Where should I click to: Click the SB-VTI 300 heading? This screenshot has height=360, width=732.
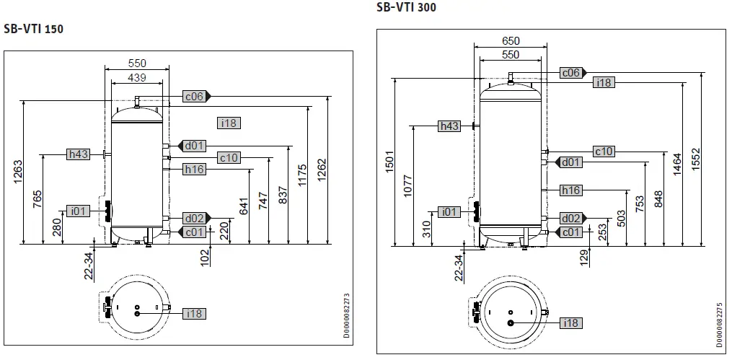pyautogui.click(x=406, y=8)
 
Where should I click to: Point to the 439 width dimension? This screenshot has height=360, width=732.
pyautogui.click(x=137, y=77)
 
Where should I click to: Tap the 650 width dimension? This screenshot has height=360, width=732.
pyautogui.click(x=510, y=41)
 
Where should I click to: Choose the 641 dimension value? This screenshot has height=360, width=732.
pyautogui.click(x=244, y=206)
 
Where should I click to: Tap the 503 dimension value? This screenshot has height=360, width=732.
pyautogui.click(x=619, y=218)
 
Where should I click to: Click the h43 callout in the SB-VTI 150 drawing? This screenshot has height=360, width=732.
pyautogui.click(x=77, y=154)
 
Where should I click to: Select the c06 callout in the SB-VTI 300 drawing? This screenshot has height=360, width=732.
pyautogui.click(x=571, y=72)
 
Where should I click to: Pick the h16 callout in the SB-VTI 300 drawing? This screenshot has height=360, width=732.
pyautogui.click(x=570, y=190)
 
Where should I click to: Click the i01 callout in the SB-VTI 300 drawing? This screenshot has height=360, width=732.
pyautogui.click(x=449, y=211)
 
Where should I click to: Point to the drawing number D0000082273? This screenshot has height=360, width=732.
pyautogui.click(x=347, y=315)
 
